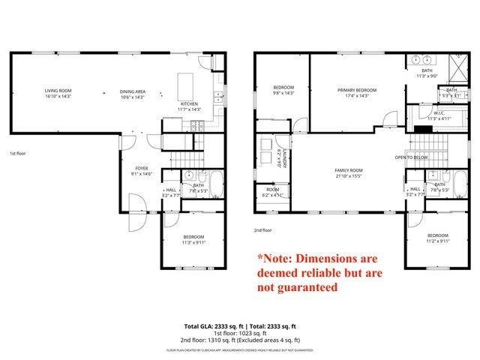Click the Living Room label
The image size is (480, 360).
pyautogui.click(x=57, y=90)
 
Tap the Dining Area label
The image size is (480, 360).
pyautogui.click(x=133, y=90)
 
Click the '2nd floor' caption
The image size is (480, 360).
pyautogui.click(x=262, y=230)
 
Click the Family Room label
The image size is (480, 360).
pyautogui.click(x=348, y=170)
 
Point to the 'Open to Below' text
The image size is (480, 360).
pyautogui.click(x=412, y=157)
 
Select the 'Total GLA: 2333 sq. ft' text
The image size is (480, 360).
pyautogui.click(x=211, y=327)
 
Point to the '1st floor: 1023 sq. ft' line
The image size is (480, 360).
pyautogui.click(x=240, y=334)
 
